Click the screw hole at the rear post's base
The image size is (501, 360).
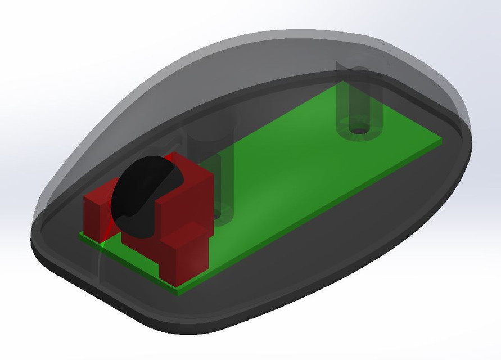tap(359, 130)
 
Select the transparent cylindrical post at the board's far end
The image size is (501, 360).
tap(360, 107)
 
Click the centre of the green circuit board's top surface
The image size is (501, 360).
tap(292, 169)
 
